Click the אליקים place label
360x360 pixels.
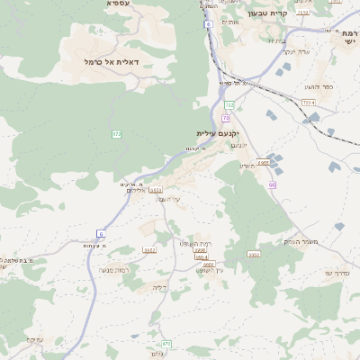pos(135,190)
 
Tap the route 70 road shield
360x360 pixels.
pos(225,118)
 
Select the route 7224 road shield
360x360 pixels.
pos(309,103)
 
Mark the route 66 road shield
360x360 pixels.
pos(271,184)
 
